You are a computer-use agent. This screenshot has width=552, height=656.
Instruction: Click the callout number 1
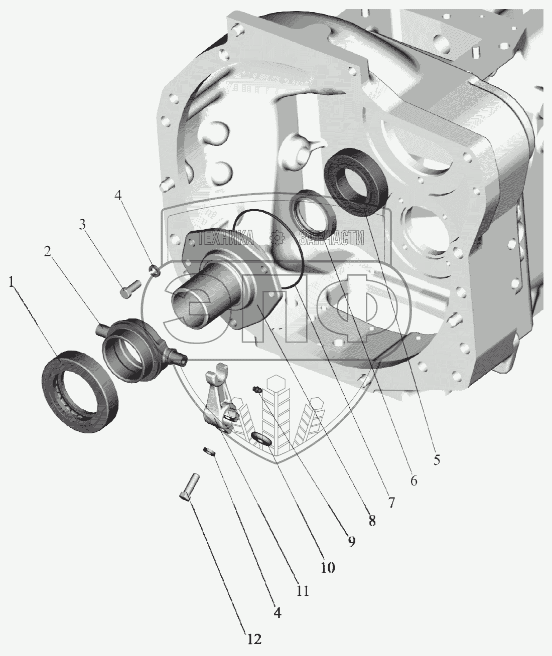pyautogui.click(x=12, y=282)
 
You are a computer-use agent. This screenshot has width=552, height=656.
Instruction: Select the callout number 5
pyautogui.click(x=437, y=459)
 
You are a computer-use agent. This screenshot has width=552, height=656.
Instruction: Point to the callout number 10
pyautogui.click(x=328, y=567)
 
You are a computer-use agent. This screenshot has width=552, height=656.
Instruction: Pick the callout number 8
pyautogui.click(x=372, y=521)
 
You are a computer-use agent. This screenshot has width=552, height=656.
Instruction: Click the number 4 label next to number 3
pyautogui.click(x=117, y=195)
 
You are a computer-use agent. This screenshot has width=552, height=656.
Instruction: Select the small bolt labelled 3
pyautogui.click(x=129, y=288)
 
